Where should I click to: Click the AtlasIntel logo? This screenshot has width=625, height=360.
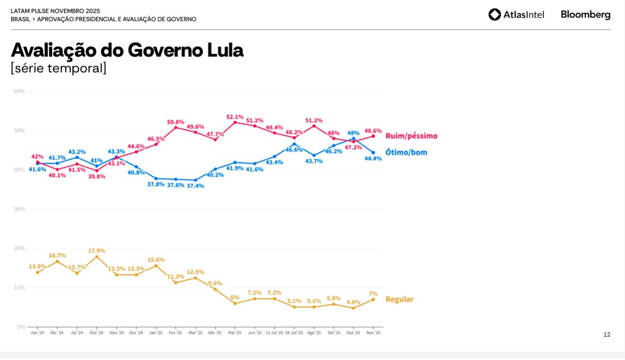[516, 15]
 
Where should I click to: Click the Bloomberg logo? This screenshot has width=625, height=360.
[585, 15]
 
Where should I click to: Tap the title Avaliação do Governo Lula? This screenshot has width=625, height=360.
[127, 50]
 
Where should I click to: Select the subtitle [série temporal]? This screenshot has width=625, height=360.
[59, 68]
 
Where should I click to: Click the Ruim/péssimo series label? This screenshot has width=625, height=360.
[411, 136]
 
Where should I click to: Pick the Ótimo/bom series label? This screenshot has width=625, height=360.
[407, 152]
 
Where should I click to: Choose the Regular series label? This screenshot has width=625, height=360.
[399, 299]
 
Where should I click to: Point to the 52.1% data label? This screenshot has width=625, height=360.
[235, 117]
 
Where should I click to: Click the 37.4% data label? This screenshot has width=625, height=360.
[196, 186]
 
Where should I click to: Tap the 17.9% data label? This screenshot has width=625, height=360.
[97, 251]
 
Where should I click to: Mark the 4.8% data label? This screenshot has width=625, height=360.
[353, 302]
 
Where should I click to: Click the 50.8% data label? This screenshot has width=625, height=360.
[176, 122]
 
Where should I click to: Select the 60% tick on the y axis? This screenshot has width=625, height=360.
[20, 91]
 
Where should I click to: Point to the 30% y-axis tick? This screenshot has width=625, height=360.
[20, 209]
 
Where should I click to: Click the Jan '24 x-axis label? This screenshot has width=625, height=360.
[37, 333]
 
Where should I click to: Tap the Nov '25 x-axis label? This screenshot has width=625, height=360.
[373, 333]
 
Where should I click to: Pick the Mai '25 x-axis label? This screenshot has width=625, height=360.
[235, 333]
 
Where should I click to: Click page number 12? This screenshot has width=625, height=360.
[607, 334]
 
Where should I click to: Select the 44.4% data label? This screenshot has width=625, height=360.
[373, 159]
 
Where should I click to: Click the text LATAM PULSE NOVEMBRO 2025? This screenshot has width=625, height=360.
[55, 11]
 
